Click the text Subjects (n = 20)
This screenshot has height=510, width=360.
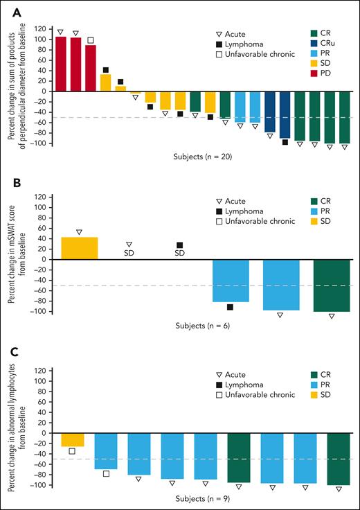(202, 157)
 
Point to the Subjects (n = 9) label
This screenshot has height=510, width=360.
(202, 498)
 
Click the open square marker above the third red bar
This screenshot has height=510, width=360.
(91, 40)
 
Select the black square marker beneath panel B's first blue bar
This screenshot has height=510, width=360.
(230, 307)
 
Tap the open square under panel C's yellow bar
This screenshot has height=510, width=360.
(72, 451)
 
